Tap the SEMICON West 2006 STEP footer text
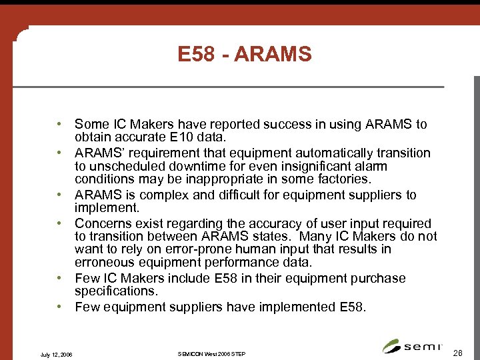pyautogui.click(x=213, y=353)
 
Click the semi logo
pyautogui.click(x=409, y=346)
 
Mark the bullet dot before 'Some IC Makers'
pyautogui.click(x=60, y=125)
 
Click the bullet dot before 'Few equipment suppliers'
pyautogui.click(x=60, y=307)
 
